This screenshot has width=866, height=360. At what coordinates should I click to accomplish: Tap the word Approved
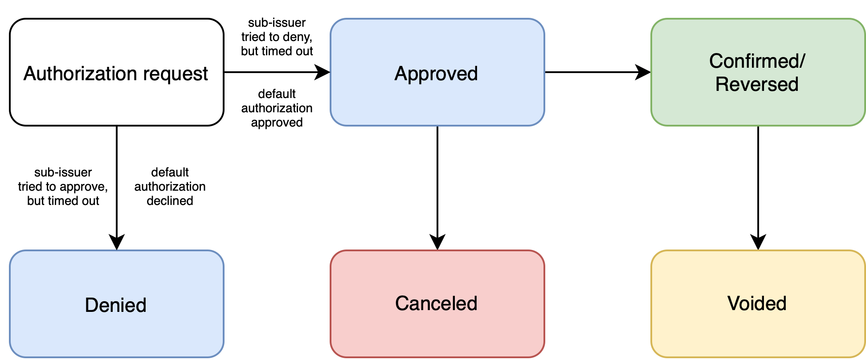[x=436, y=74]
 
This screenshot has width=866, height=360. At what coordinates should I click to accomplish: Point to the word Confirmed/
[x=757, y=61]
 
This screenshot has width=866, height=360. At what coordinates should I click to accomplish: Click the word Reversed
[x=757, y=84]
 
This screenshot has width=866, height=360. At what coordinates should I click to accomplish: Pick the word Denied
[x=116, y=305]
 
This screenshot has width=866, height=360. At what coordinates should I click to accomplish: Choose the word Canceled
[x=436, y=303]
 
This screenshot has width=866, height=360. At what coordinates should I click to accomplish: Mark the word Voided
[x=757, y=303]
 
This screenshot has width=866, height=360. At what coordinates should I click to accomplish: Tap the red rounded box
[x=437, y=334]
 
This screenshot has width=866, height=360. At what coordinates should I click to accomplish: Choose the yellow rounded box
[x=757, y=334]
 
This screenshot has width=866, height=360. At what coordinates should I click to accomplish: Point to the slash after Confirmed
[x=803, y=61]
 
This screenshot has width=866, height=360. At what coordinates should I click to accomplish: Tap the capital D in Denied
[x=91, y=305]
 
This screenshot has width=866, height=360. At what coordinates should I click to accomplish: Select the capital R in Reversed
[x=722, y=84]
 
